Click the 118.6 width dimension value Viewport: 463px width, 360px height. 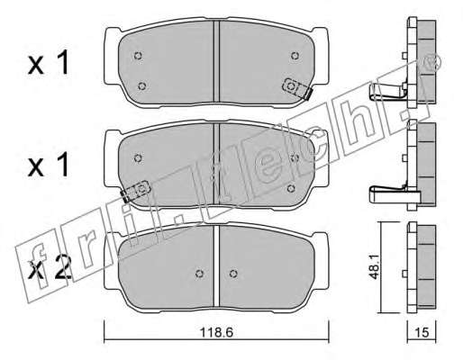tap(216, 332)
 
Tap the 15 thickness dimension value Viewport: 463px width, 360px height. tap(422, 332)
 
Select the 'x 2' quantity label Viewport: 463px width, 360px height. tap(50, 268)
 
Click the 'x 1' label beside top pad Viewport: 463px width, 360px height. tap(49, 63)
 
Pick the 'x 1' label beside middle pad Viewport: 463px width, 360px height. tap(49, 166)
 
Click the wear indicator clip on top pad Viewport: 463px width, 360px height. tap(297, 89)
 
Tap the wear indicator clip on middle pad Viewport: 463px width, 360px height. tap(135, 192)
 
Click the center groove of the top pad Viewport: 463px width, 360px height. tap(216, 61)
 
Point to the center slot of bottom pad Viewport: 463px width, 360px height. tap(216, 266)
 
